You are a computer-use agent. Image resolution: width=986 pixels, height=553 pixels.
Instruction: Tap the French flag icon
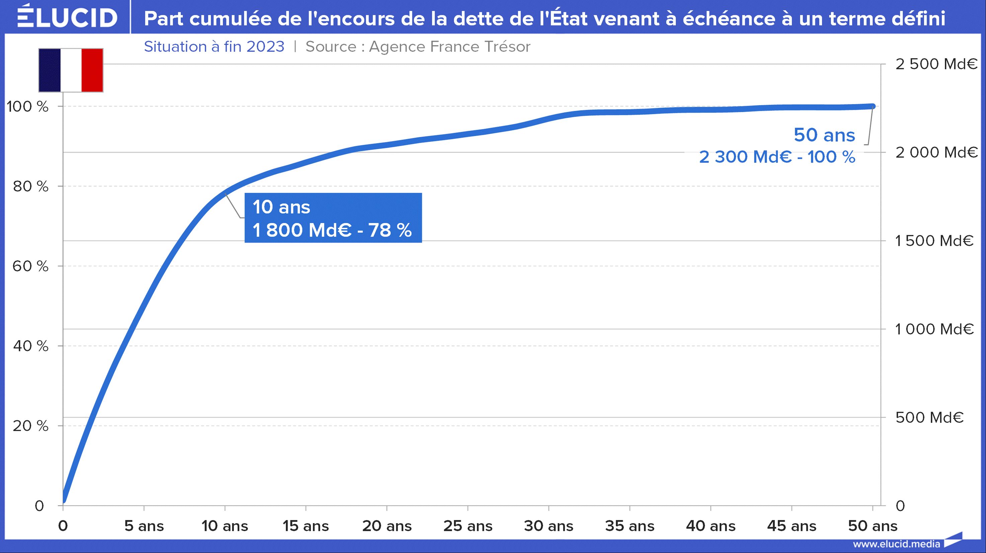pos(71,70)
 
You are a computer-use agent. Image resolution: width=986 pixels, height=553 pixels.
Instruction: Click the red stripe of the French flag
pos(92,70)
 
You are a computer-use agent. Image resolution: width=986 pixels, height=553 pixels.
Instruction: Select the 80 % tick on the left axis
pos(30,187)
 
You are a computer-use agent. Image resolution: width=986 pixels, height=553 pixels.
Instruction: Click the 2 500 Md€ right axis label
pos(936,64)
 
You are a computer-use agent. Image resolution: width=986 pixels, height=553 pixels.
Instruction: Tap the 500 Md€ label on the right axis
pos(929,417)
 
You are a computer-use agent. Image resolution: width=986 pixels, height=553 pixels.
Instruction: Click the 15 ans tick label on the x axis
pos(306,526)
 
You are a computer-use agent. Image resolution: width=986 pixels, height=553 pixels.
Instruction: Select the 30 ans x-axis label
pos(549,526)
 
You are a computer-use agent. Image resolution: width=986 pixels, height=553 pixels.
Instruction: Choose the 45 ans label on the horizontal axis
pos(792,526)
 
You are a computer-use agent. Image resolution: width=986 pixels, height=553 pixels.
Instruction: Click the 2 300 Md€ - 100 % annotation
pos(777,157)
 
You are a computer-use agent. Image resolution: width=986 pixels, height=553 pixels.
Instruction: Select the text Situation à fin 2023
pos(214,47)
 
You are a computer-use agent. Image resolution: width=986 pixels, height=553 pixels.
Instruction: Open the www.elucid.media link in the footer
pos(896,544)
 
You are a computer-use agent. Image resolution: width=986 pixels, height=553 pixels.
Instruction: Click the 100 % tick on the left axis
pos(27,107)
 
